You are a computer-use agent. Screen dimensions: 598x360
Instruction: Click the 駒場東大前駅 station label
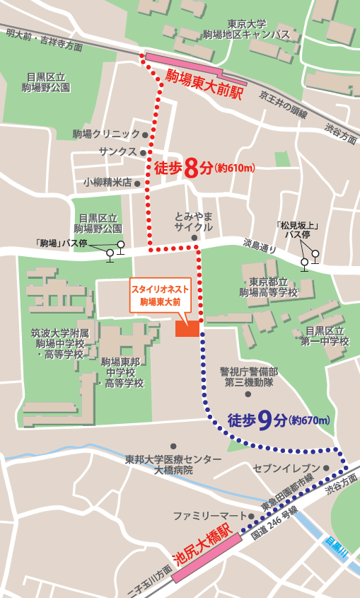pyautogui.click(x=204, y=84)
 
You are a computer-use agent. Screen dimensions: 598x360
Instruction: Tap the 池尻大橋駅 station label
pyautogui.click(x=202, y=544)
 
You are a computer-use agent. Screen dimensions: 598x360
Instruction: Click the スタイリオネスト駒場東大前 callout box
pyautogui.click(x=160, y=295)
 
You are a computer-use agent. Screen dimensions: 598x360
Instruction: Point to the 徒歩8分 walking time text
pyautogui.click(x=183, y=168)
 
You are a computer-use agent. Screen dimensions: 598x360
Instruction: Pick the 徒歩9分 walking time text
pyautogui.click(x=257, y=420)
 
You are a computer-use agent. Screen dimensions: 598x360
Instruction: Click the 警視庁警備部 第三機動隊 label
pyautogui.click(x=248, y=377)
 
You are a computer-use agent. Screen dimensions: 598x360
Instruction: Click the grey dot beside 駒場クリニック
pyautogui.click(x=146, y=134)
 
